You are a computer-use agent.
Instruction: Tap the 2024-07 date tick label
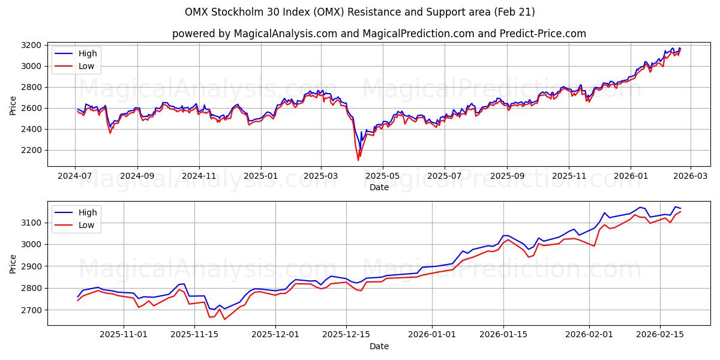click(75, 176)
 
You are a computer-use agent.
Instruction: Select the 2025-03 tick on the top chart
click(320, 176)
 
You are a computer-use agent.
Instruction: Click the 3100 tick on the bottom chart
click(35, 223)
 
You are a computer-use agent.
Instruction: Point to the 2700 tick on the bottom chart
click(35, 310)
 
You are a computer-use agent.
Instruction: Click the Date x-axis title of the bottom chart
click(379, 346)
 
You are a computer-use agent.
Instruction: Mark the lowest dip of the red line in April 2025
click(358, 160)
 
